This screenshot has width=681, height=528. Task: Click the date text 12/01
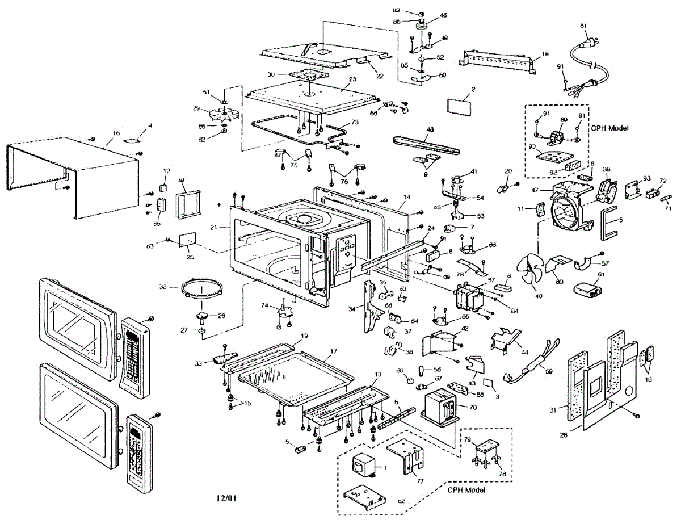tap(226, 498)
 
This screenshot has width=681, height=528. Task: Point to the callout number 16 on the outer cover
tap(116, 133)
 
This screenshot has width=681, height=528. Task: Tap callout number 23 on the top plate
tap(352, 80)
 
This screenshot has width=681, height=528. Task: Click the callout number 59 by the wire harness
tap(548, 372)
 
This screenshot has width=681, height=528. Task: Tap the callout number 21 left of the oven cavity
tap(214, 227)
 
